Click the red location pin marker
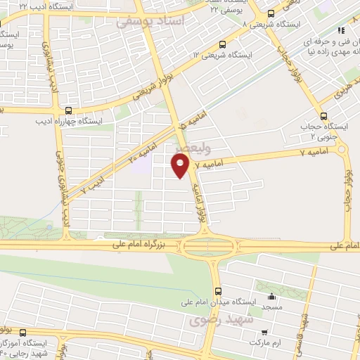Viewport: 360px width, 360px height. pyautogui.click(x=181, y=165)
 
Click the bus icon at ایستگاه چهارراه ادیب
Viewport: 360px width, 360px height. pyautogui.click(x=68, y=110)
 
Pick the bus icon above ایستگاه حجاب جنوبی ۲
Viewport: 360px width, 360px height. pyautogui.click(x=323, y=116)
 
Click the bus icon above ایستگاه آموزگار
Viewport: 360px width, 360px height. pyautogui.click(x=23, y=331)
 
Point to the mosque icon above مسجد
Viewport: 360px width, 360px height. pyautogui.click(x=272, y=296)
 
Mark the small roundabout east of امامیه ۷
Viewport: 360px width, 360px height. pyautogui.click(x=342, y=149)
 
